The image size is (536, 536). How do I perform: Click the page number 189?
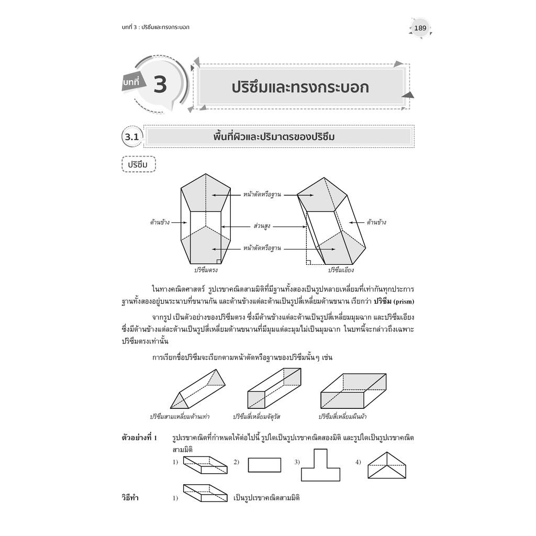pos(420,28)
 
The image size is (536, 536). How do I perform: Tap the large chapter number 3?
pos(160,84)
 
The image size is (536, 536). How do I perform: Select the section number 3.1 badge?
pos(132,137)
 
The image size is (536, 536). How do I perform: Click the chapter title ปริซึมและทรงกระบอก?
pos(300,87)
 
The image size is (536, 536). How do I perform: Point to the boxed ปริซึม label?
pos(138,164)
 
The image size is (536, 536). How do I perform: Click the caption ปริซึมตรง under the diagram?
pos(206,270)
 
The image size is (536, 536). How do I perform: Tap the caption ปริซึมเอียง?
pos(341,270)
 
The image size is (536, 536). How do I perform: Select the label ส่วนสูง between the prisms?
pos(262,226)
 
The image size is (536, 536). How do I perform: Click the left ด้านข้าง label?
pos(160,222)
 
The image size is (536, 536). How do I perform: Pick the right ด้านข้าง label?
pos(376,222)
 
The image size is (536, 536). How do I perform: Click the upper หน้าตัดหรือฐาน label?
pos(262,195)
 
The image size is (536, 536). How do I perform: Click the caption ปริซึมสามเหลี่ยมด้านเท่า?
pos(180,417)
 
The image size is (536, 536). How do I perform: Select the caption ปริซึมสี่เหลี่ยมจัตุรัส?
pos(256,417)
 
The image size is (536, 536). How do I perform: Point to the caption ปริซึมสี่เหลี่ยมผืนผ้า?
pos(342,417)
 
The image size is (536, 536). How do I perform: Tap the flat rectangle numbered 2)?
pos(264,465)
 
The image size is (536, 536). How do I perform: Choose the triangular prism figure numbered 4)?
pos(387,465)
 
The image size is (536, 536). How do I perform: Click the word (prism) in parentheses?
pos(404,302)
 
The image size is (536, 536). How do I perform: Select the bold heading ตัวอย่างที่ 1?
pos(139,438)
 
